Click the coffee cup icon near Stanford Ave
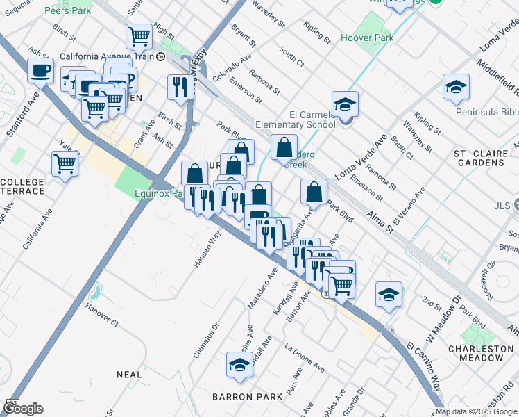[41, 70]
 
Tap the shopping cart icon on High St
[139, 35]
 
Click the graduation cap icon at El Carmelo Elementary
[345, 104]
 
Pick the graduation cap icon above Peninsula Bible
[456, 87]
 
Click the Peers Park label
[67, 11]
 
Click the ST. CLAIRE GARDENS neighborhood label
[479, 157]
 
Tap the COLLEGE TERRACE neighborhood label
[23, 187]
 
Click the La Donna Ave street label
[305, 356]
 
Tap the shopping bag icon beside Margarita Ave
[314, 193]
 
